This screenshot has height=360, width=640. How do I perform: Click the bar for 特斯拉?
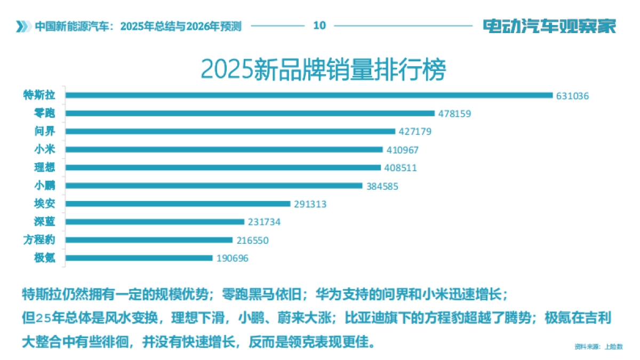[309, 95]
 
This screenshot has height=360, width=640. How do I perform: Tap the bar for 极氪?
[139, 258]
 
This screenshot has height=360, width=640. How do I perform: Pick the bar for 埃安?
[178, 204]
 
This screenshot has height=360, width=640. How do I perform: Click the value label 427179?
[415, 132]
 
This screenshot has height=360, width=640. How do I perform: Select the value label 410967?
[403, 150]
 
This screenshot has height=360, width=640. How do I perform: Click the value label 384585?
[382, 186]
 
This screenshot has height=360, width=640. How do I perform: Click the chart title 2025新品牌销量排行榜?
[323, 70]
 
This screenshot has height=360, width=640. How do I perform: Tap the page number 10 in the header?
[319, 25]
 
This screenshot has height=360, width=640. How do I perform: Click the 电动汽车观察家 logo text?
[549, 26]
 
